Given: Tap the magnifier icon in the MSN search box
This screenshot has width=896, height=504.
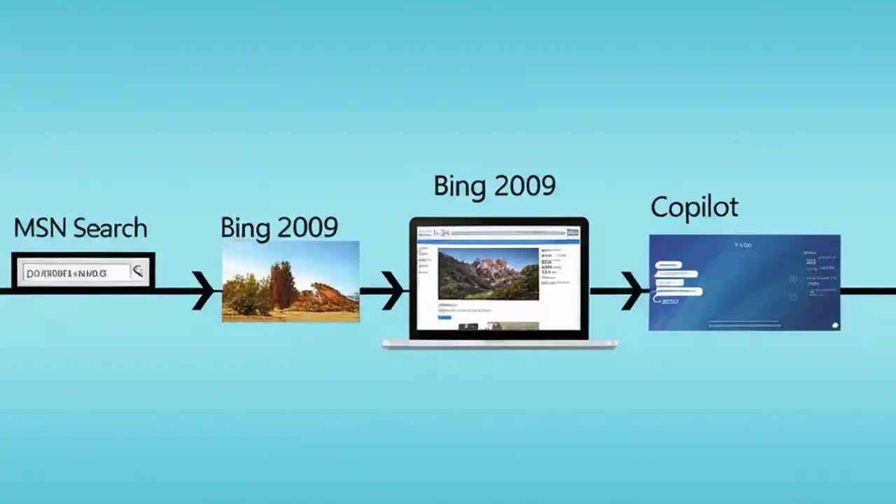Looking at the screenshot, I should [x=138, y=272].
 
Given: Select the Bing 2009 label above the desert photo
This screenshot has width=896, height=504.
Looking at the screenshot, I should [x=279, y=227].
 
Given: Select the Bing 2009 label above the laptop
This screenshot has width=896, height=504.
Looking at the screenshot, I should [x=494, y=186].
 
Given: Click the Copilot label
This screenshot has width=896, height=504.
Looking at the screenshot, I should [x=694, y=207].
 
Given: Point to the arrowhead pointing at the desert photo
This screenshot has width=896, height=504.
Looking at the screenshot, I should [x=204, y=290].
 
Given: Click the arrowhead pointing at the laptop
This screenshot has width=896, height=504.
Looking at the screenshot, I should [x=393, y=290].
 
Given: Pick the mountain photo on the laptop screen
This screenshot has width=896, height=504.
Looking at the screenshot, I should [x=488, y=274].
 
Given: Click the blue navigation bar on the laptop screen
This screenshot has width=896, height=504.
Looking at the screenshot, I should [x=498, y=242].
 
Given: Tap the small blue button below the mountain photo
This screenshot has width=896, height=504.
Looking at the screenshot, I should [x=444, y=317].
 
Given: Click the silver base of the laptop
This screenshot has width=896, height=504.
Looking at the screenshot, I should [x=499, y=344].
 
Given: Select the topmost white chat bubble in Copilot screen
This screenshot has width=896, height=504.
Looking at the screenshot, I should [x=668, y=265].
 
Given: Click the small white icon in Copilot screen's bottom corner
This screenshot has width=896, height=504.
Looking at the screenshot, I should [x=834, y=325].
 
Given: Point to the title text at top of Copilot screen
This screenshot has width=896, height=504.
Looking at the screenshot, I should [x=743, y=245].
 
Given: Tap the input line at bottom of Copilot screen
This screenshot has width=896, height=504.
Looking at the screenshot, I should [x=743, y=323].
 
